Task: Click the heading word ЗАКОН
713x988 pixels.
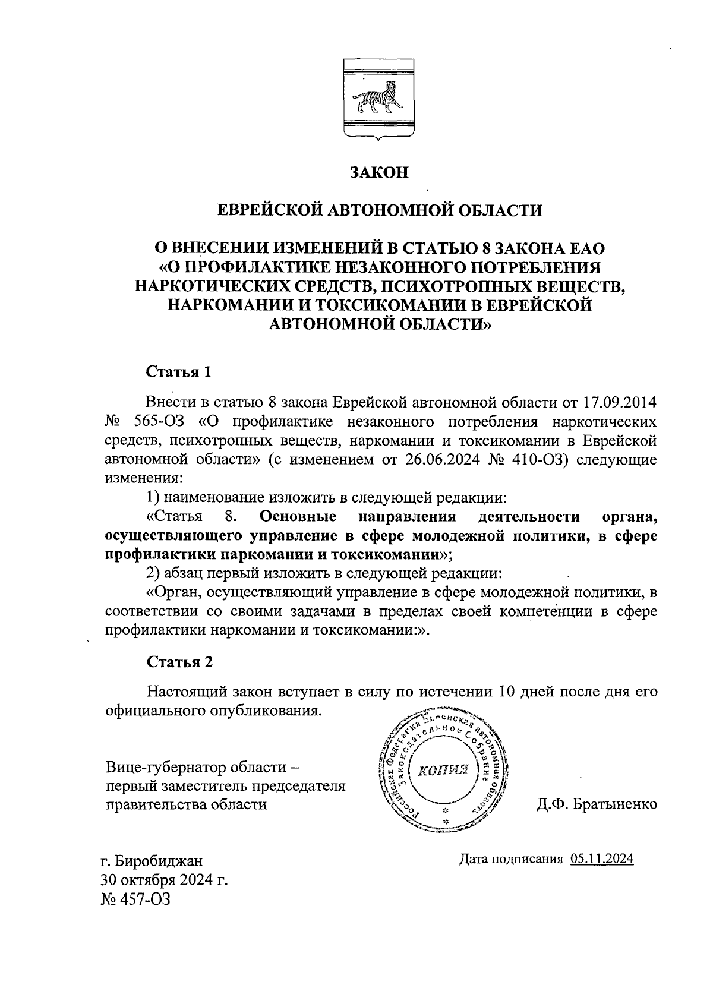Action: pyautogui.click(x=379, y=172)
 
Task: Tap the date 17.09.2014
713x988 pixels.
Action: pyautogui.click(x=619, y=403)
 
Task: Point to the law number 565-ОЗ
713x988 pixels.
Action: pyautogui.click(x=160, y=422)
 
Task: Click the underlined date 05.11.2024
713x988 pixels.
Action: pyautogui.click(x=602, y=859)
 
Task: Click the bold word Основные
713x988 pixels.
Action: pyautogui.click(x=298, y=516)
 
